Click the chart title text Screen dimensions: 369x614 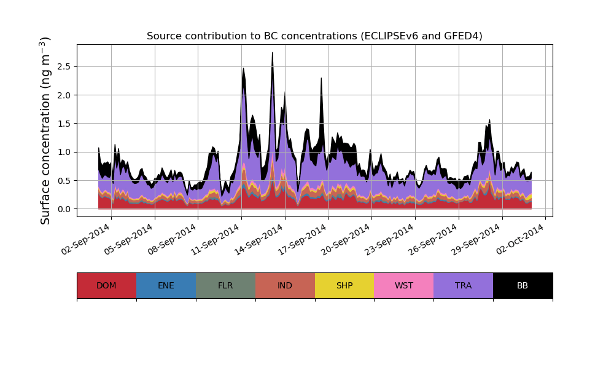(314, 36)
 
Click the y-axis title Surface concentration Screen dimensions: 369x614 (46, 130)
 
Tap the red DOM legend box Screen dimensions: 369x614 (106, 285)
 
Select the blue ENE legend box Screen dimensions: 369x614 (166, 285)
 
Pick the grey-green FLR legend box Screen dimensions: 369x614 (225, 285)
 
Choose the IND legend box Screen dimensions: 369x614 (285, 285)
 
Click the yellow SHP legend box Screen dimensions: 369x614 (344, 285)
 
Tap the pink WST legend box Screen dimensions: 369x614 (404, 285)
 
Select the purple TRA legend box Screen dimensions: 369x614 (464, 285)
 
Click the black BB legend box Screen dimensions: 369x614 (523, 285)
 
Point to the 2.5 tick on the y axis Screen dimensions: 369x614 (65, 66)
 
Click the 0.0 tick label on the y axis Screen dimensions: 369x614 (65, 209)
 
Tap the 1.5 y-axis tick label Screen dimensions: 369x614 (65, 124)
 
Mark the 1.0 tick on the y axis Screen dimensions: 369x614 (65, 152)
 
